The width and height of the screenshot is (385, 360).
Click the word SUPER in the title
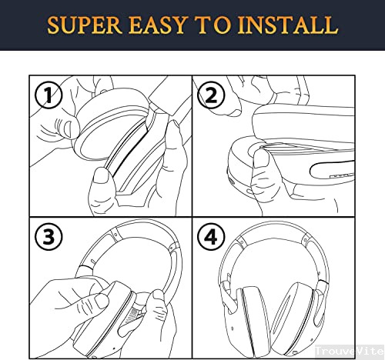(85, 25)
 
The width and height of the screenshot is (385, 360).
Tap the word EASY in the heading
(157, 25)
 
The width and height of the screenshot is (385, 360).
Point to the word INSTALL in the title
(287, 25)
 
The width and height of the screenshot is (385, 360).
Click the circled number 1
(49, 95)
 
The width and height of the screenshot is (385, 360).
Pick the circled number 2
(211, 95)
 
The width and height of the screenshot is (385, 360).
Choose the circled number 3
(49, 237)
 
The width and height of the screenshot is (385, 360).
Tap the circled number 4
(211, 237)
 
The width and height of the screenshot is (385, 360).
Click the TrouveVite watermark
(350, 351)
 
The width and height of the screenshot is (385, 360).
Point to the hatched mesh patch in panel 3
(132, 315)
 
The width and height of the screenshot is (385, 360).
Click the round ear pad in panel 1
(110, 125)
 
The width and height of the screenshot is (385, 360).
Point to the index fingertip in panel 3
(102, 301)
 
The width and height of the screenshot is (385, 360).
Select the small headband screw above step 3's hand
(92, 262)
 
